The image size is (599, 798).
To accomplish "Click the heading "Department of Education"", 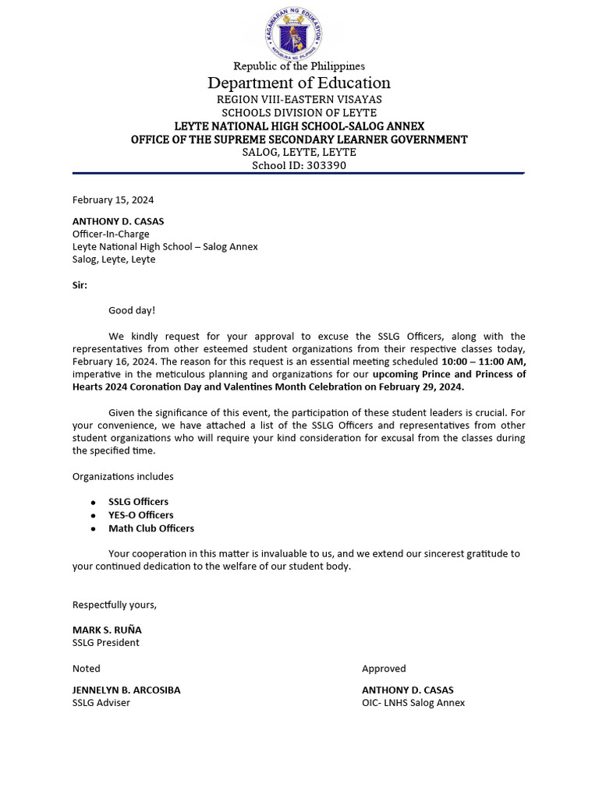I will pos(299,83).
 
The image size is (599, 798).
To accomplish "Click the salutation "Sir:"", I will pos(80,285).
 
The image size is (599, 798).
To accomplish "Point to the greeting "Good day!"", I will pos(132,310).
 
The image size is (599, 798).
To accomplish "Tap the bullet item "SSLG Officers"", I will pos(138,502).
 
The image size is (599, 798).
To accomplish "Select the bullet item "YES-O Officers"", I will pos(140,515).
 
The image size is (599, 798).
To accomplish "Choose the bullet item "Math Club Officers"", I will pos(151,528).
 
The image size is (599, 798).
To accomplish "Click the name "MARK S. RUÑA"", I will pos(107,630).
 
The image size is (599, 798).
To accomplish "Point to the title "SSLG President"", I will pos(106,643).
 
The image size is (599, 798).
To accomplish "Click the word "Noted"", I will pos(87,669).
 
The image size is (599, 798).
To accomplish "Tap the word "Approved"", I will pos(384,669).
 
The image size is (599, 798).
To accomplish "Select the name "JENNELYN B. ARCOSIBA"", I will pos(126,690).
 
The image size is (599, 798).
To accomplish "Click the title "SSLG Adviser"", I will pos(101,703).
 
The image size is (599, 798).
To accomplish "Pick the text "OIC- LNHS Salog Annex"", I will pos(413,703).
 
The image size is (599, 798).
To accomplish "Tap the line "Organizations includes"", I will pos(123,476).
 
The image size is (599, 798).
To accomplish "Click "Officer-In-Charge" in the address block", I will pos(111,234).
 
